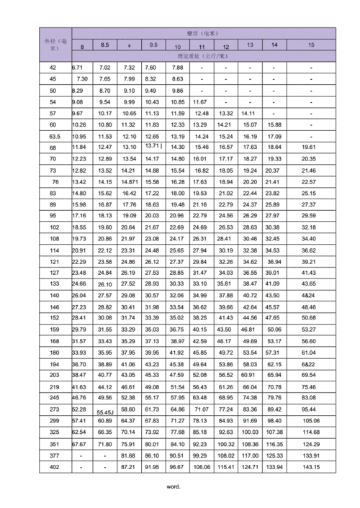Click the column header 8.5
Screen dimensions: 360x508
(104, 45)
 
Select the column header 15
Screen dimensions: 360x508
(310, 45)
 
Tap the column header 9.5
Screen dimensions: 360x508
(153, 45)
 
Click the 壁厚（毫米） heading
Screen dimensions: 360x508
(202, 33)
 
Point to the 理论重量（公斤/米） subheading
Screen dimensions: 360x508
(202, 55)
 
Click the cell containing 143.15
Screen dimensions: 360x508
(310, 466)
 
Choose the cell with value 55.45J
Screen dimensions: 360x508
(105, 411)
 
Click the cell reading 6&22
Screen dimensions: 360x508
(309, 364)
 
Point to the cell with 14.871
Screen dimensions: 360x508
(130, 182)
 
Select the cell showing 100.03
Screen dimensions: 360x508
(250, 432)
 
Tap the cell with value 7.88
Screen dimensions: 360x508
(176, 68)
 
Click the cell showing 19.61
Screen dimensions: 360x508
(309, 147)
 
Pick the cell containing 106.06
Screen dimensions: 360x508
(202, 466)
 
